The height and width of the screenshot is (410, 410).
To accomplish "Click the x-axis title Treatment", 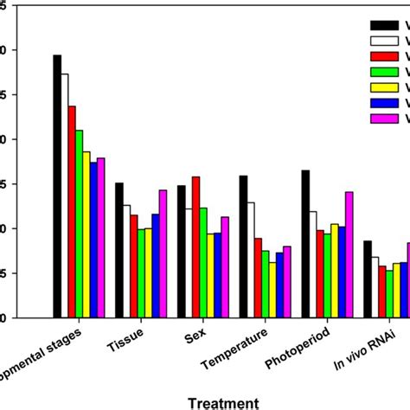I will tap(224, 402).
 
